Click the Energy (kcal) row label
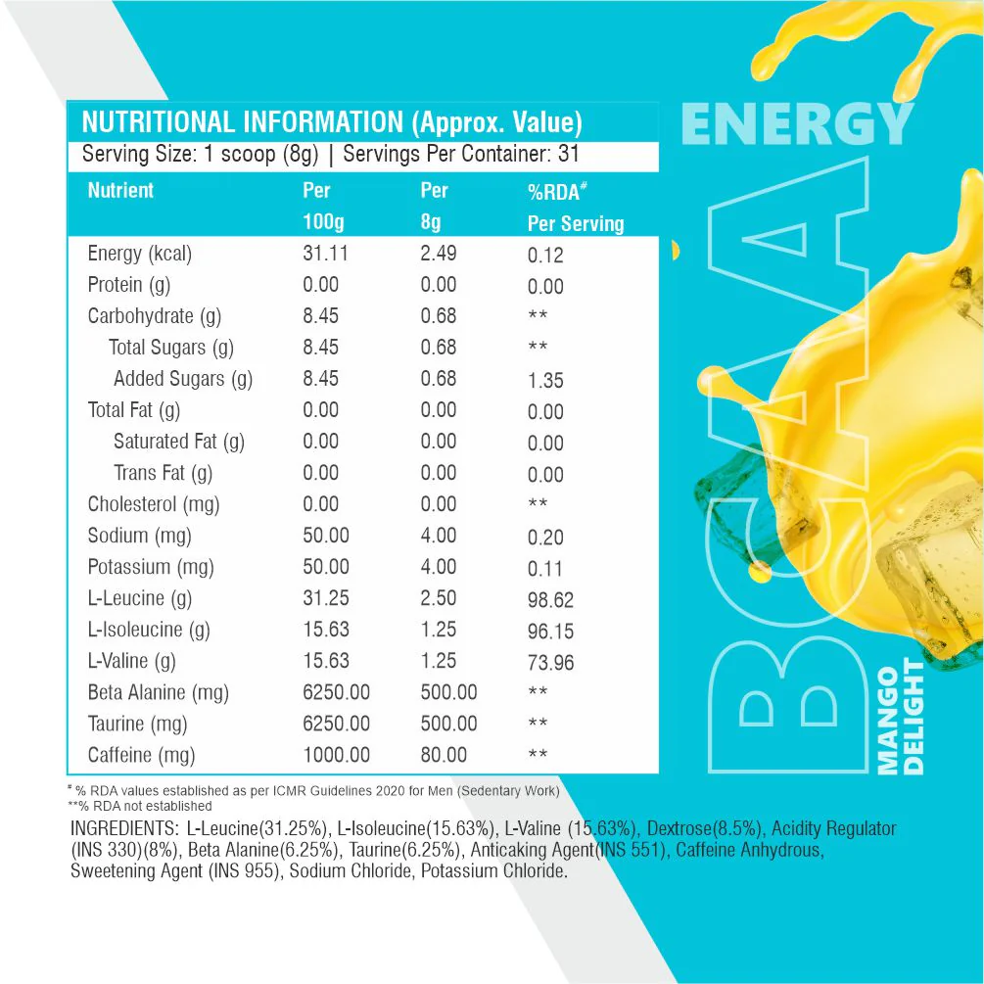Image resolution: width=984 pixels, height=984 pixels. (139, 255)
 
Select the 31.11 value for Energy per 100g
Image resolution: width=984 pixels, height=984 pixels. (326, 254)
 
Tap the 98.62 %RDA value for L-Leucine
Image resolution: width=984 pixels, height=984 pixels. (550, 600)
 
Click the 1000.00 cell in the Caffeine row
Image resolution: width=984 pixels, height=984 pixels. (336, 755)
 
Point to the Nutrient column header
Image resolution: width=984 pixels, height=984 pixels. (120, 190)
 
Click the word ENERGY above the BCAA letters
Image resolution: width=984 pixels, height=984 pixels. (796, 126)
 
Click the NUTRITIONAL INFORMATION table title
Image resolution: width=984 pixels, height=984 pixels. (332, 123)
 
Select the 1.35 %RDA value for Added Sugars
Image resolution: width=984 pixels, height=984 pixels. (545, 381)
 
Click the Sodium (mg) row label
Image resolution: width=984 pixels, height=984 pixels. (139, 537)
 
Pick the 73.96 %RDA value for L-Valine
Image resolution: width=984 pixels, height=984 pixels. (550, 663)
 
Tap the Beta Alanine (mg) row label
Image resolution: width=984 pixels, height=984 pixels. (158, 693)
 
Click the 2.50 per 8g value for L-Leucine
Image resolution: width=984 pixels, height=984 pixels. (439, 598)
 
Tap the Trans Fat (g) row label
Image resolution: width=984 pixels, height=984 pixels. (163, 474)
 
